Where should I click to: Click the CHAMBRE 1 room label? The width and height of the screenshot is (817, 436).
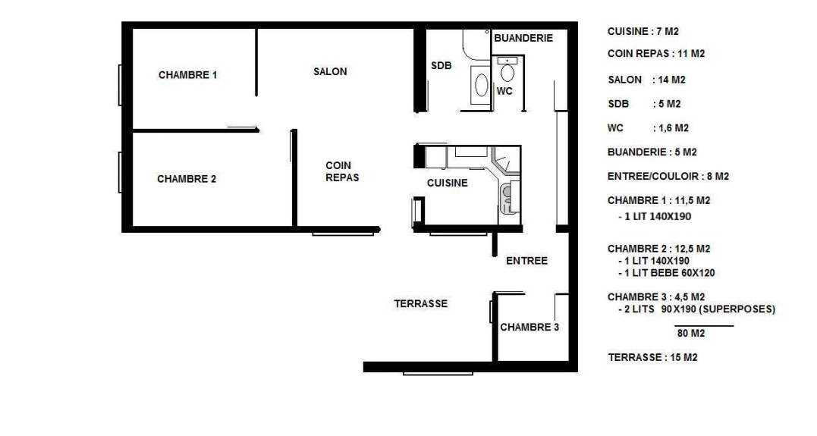[x=187, y=75]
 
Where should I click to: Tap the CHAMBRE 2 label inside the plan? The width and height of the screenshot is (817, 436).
[x=187, y=179]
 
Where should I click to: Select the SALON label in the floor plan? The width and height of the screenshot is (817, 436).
[x=330, y=72]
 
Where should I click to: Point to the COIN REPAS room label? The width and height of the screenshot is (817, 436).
[x=342, y=171]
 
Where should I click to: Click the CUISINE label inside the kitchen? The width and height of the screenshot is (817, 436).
[x=447, y=183]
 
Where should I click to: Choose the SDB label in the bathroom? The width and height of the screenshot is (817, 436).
[x=441, y=66]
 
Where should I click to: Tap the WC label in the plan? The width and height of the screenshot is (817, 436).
[x=504, y=91]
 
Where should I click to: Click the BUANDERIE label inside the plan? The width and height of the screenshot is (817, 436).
[x=523, y=38]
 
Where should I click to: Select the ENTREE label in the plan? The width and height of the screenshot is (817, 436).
[x=526, y=260]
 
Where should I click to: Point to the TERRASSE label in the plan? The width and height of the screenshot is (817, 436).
[x=420, y=304]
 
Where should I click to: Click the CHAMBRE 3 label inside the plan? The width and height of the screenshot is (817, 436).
[x=529, y=327]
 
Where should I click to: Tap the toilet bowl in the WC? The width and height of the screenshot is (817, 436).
[x=507, y=73]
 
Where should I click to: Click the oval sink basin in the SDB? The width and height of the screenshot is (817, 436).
[x=482, y=85]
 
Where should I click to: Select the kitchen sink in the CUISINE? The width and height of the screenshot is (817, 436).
[x=506, y=199]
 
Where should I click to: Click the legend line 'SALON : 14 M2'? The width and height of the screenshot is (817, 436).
[x=646, y=80]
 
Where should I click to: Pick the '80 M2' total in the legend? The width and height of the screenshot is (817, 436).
[x=691, y=334]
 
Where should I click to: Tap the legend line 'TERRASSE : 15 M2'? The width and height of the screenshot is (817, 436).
[x=652, y=357]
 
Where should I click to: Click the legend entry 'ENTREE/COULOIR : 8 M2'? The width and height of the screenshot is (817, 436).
[x=668, y=177]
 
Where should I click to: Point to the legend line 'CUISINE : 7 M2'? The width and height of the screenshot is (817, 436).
[x=643, y=31]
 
